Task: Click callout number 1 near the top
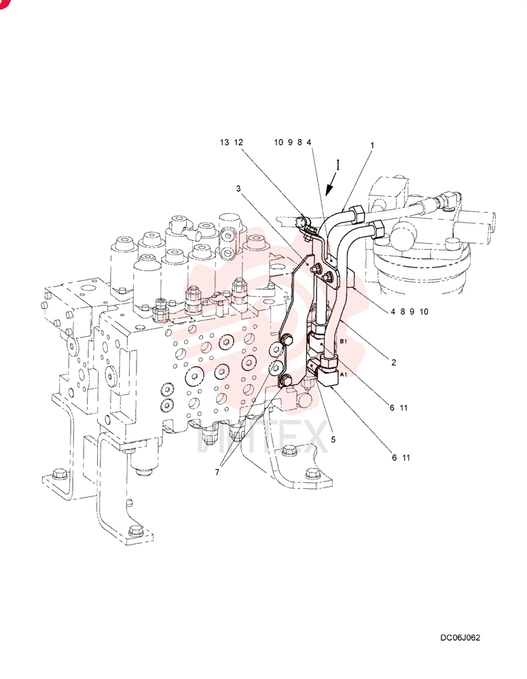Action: tap(372, 145)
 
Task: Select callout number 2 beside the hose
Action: tap(394, 363)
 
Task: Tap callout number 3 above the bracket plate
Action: tap(238, 188)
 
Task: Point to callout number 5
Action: tap(333, 439)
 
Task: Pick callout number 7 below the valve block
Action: tap(217, 472)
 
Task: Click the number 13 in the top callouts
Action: tap(224, 142)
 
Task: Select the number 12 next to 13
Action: tap(238, 142)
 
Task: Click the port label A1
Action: tap(343, 375)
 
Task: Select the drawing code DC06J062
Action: tap(460, 638)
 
